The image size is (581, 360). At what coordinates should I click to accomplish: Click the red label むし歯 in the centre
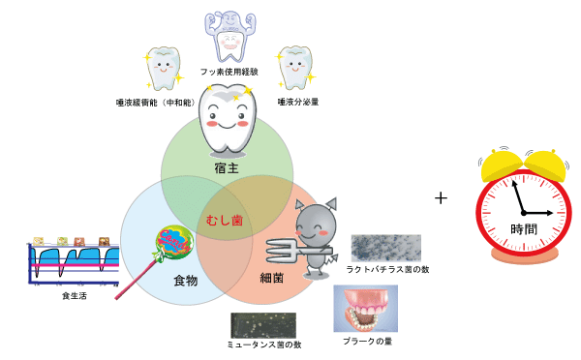tap(225, 221)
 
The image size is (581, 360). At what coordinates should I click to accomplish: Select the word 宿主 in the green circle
tap(228, 170)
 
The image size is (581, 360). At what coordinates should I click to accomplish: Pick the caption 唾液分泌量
tap(298, 101)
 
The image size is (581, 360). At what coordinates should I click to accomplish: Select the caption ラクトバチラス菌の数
tap(384, 269)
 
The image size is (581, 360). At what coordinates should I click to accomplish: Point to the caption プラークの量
tap(365, 341)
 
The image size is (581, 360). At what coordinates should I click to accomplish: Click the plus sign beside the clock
tap(442, 197)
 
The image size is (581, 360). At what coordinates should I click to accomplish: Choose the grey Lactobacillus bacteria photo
tap(384, 248)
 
